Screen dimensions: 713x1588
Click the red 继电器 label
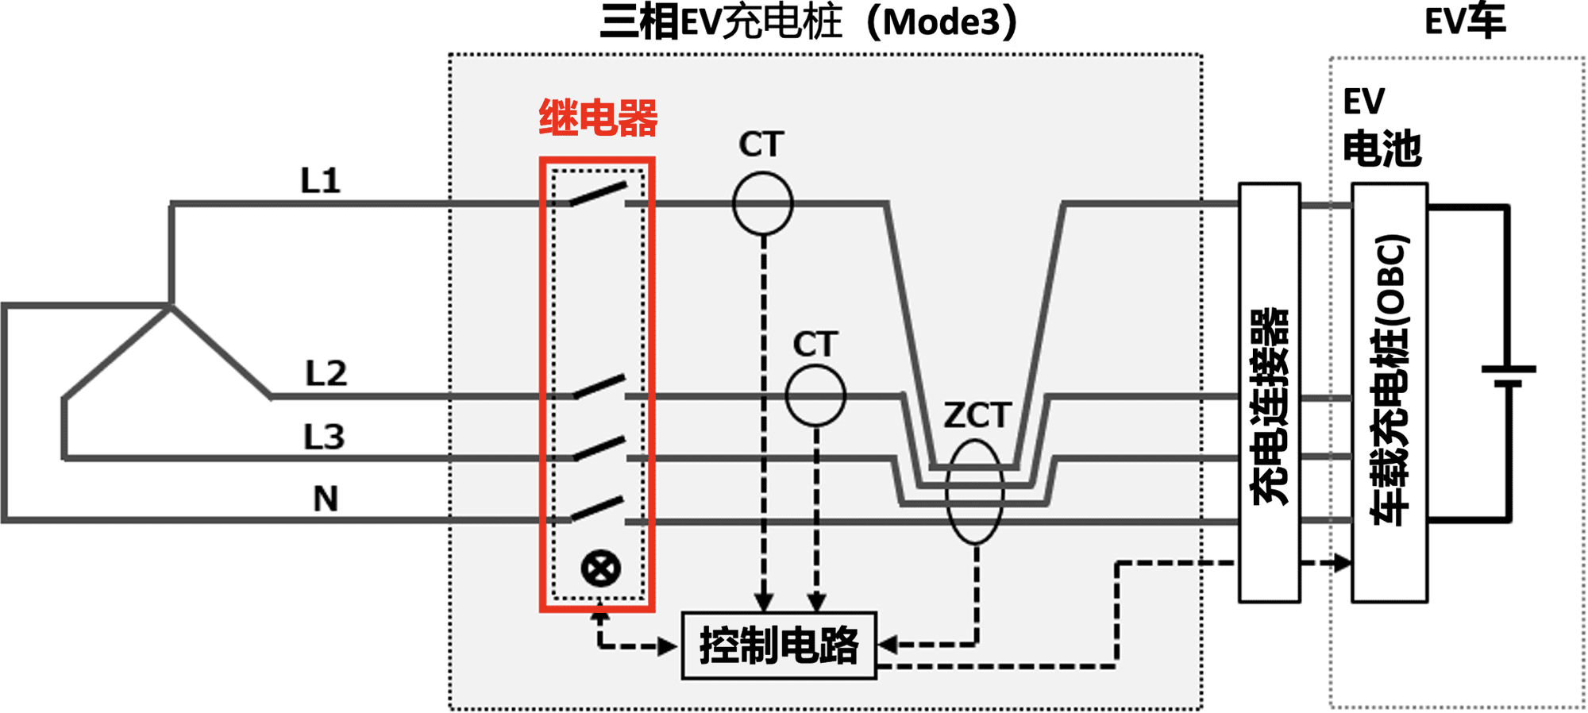tap(598, 118)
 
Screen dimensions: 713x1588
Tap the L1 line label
tap(321, 181)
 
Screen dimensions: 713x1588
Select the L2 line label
tap(326, 373)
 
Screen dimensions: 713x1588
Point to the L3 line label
tap(324, 437)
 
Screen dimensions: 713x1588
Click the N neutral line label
tap(326, 499)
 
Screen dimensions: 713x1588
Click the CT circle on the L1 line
tap(762, 204)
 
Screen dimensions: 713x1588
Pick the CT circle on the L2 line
tap(815, 395)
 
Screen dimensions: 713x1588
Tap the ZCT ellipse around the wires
tap(975, 492)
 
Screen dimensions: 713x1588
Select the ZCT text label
tap(977, 415)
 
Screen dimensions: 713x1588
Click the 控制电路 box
tap(779, 646)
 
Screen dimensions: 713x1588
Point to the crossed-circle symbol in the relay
tap(600, 568)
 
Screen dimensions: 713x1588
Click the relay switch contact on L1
tap(599, 195)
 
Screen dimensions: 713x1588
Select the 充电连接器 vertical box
tap(1269, 393)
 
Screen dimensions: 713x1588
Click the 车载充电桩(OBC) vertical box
tap(1389, 393)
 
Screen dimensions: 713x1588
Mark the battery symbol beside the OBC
tap(1509, 376)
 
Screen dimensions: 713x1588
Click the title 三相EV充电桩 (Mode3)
tap(807, 22)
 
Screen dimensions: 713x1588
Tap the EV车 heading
tap(1465, 21)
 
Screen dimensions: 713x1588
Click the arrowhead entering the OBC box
tap(1342, 563)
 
